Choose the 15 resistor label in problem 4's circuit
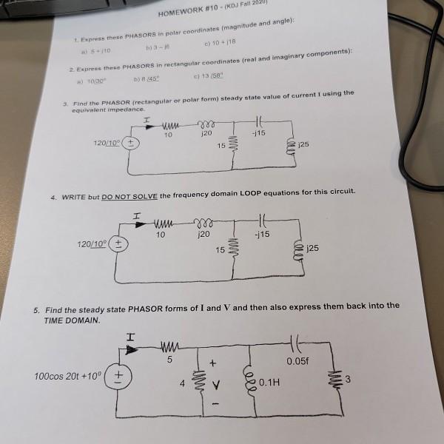pos(220,249)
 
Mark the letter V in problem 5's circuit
pos(215,385)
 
